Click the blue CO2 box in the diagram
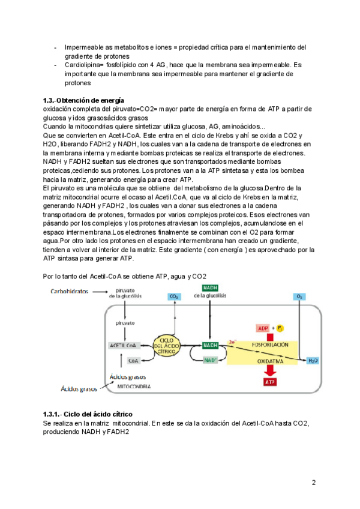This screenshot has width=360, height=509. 175,297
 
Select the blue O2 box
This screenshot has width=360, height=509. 299,297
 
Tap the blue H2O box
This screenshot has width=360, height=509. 313,361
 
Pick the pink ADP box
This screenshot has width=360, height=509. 263,328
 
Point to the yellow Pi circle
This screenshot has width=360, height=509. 280,328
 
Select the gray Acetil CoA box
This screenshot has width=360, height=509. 124,346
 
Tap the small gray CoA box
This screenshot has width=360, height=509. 134,361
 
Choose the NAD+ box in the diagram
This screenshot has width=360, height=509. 211,361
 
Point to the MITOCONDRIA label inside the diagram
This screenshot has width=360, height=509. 133,387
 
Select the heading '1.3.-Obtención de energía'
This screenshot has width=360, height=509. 84,100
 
